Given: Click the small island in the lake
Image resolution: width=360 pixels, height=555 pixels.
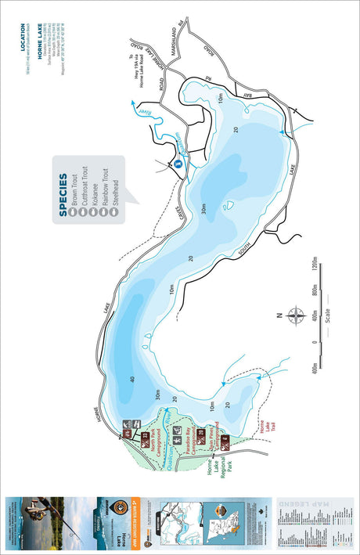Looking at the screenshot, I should [229, 207].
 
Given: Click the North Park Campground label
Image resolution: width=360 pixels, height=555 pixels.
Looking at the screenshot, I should [158, 442].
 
